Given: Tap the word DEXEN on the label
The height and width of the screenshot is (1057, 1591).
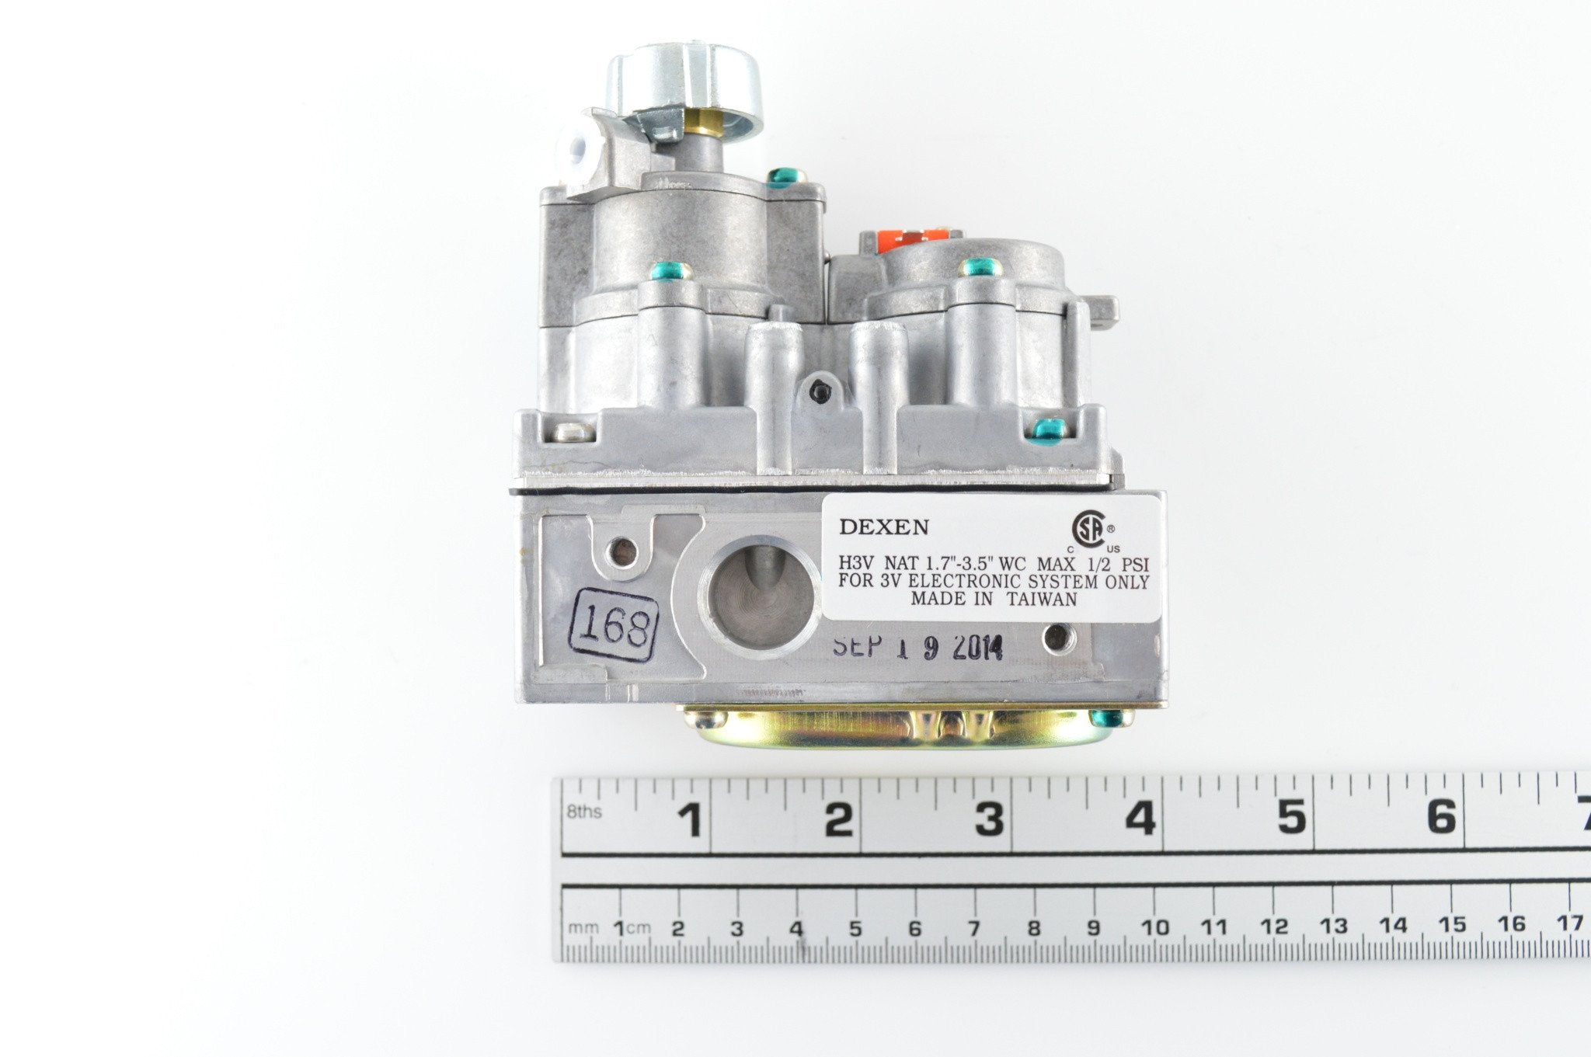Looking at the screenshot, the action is pos(884,527).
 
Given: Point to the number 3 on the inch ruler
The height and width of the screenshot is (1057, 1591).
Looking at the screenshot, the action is pos(990,819).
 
